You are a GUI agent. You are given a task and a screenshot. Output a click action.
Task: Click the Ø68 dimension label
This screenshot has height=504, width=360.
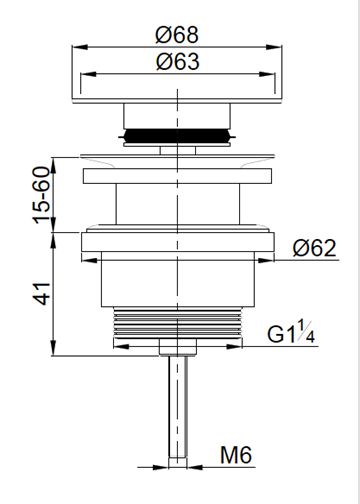tap(177, 34)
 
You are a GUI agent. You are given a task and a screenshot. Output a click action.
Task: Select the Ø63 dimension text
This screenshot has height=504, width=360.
tap(178, 61)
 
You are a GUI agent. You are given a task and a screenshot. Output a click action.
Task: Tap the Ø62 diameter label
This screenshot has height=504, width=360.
tap(314, 248)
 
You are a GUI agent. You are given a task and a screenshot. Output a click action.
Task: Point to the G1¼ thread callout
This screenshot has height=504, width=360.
tap(291, 331)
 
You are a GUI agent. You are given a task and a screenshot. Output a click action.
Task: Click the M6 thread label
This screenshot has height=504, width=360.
tap(236, 455)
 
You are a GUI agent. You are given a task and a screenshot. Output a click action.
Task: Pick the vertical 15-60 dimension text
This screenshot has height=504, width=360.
tap(41, 195)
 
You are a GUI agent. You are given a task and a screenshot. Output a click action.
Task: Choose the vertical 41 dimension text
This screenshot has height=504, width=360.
tap(42, 294)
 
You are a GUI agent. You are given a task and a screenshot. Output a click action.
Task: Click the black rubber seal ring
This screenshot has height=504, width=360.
tap(177, 136)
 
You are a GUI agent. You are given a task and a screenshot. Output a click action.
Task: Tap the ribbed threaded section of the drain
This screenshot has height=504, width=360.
tap(178, 322)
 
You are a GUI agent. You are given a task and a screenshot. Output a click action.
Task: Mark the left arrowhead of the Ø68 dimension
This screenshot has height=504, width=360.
tap(79, 47)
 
